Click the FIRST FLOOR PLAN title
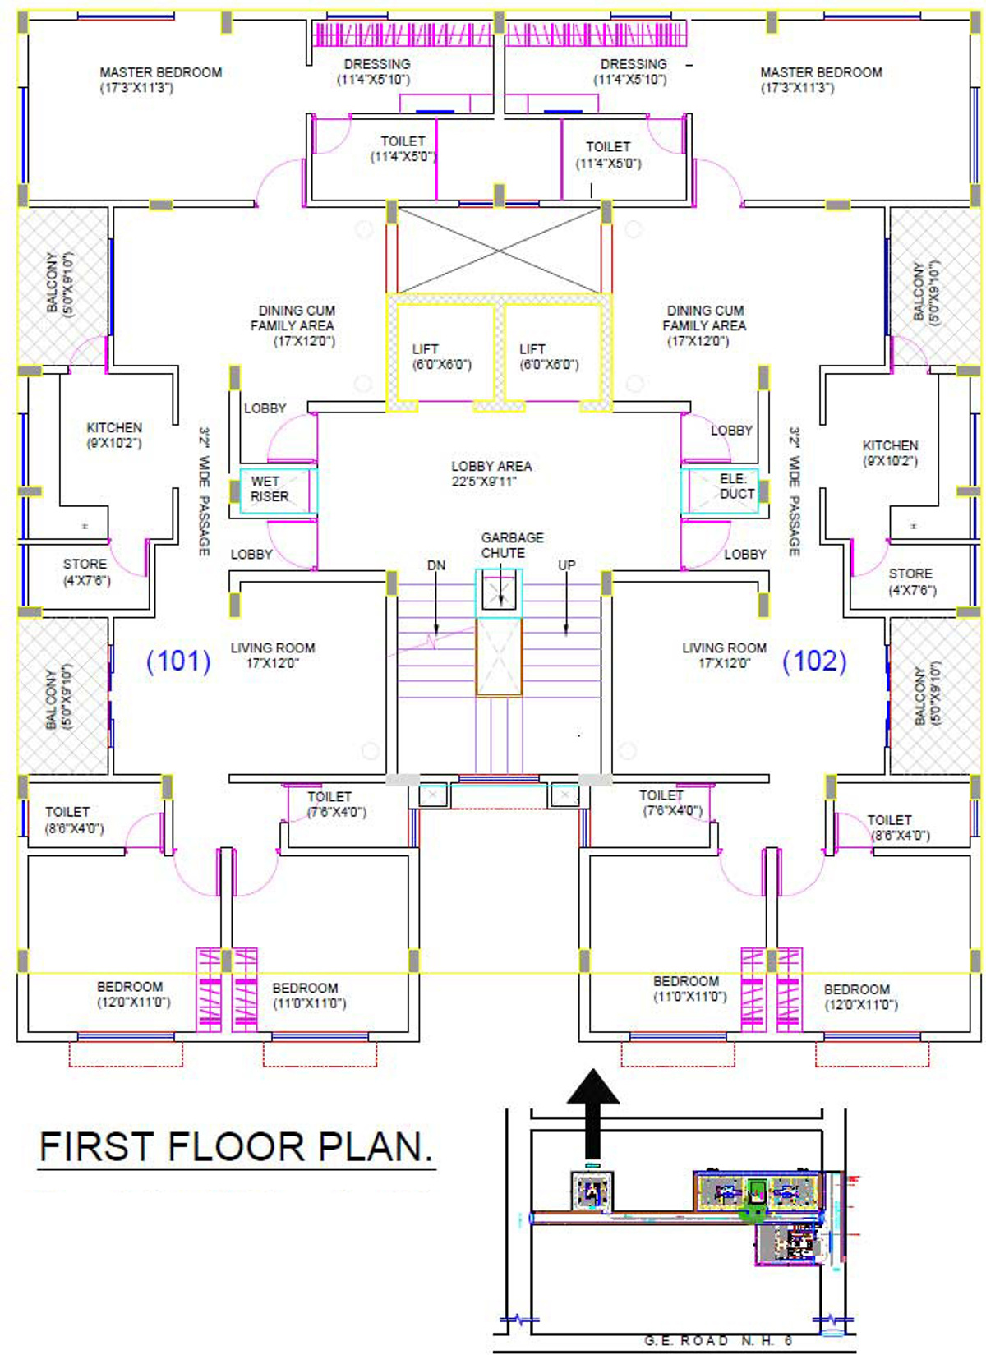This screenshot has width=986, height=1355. (236, 1146)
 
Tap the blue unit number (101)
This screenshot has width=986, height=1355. (178, 661)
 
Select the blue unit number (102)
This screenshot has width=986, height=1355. (814, 661)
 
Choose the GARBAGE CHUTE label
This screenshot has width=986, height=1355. (512, 545)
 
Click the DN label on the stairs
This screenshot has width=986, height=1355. (436, 565)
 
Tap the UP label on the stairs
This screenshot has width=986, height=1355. (567, 565)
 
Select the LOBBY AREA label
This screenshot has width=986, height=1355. (491, 473)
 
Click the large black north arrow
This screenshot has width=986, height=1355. (592, 1109)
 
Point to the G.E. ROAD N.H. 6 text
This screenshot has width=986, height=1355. (718, 1340)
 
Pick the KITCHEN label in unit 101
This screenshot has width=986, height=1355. (114, 436)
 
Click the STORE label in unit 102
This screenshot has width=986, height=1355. (910, 581)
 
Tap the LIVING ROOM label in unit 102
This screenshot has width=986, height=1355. (724, 655)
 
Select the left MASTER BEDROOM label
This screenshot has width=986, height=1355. (160, 80)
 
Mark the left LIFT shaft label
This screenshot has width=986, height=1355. (441, 357)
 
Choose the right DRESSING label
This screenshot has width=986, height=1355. (632, 71)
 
